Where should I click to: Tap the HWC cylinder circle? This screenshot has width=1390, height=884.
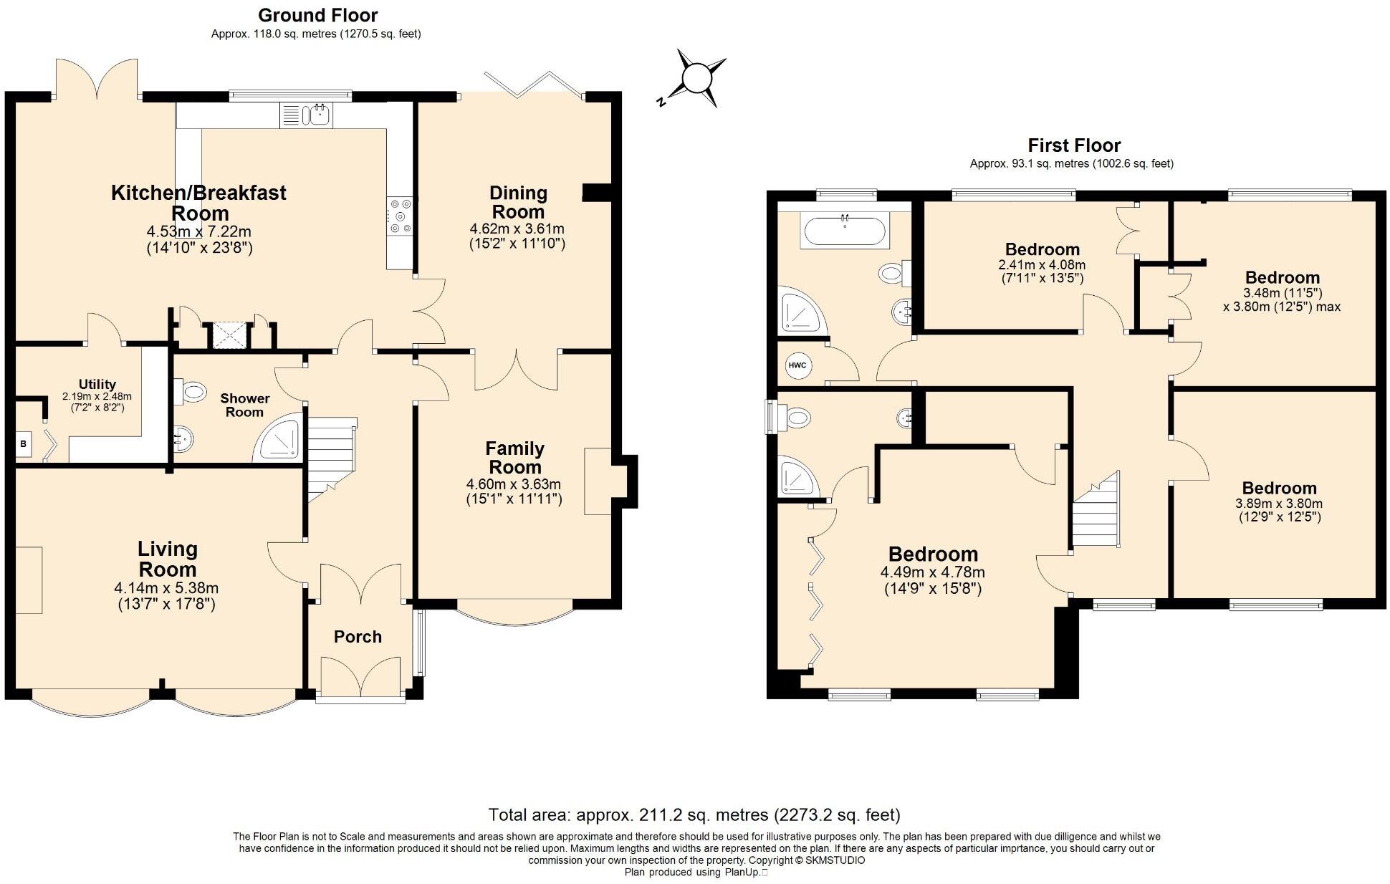point(797,365)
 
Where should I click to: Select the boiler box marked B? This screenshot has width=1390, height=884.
point(23,444)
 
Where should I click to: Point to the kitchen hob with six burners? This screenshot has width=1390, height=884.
point(400,216)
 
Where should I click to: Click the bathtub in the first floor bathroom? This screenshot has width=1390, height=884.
point(845,231)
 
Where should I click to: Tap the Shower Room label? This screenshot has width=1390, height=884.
point(244,405)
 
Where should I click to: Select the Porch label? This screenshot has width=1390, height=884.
point(358,637)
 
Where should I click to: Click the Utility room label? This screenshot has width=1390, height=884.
point(97,384)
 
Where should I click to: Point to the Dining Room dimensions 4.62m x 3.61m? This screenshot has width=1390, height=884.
point(517,229)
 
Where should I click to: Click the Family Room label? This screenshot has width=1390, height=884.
point(514,458)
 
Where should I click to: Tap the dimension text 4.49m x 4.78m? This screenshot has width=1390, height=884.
point(932,572)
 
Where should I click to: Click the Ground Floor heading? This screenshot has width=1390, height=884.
point(317,15)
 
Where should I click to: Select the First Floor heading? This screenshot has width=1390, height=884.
point(1073,145)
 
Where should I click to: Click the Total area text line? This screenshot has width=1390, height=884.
point(694,815)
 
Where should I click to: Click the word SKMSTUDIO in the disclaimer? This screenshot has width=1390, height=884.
point(835,860)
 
